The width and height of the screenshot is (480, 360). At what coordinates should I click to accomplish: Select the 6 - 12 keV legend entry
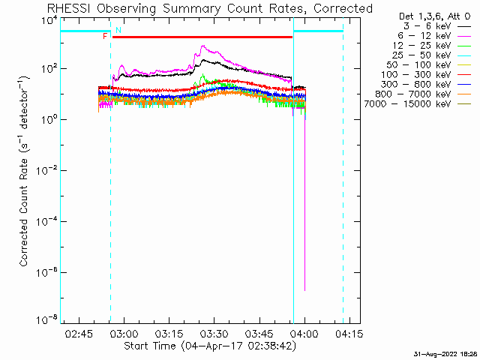(x=434, y=36)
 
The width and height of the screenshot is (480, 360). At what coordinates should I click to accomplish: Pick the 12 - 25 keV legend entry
(x=432, y=46)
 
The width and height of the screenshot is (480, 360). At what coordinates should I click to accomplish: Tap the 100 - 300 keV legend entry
(x=426, y=75)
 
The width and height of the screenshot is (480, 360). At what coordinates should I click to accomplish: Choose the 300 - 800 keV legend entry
(x=426, y=85)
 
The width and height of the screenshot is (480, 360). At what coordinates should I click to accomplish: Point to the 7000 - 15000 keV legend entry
(x=418, y=104)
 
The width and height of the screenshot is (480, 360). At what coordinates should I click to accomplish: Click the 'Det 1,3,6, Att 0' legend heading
(x=435, y=16)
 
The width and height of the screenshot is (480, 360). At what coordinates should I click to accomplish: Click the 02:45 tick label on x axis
(x=79, y=334)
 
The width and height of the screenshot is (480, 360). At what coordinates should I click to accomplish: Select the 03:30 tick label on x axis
(x=214, y=334)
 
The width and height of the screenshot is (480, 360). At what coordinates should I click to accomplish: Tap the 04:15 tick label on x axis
(x=349, y=334)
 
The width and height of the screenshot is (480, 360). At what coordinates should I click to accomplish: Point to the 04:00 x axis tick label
(x=304, y=334)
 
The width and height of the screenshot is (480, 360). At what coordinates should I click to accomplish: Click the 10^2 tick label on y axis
(x=49, y=67)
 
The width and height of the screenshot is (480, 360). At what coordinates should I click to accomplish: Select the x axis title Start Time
(x=150, y=346)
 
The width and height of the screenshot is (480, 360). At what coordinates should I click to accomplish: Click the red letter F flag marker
(x=105, y=37)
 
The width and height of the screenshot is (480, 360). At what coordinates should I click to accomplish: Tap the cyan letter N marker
(x=118, y=30)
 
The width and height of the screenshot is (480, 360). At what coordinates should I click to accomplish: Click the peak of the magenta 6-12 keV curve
(x=202, y=46)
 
